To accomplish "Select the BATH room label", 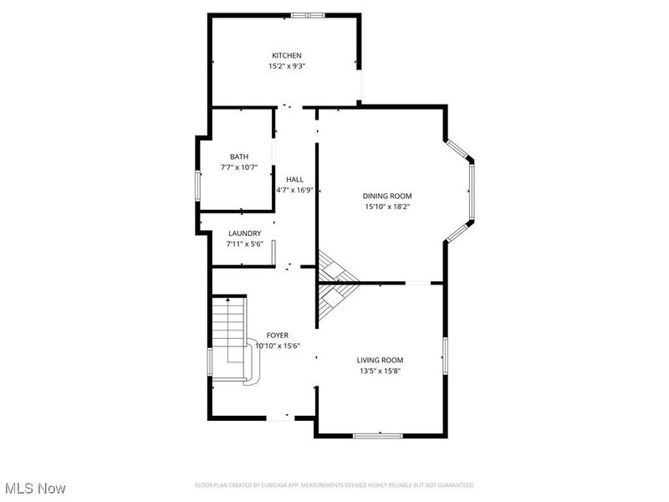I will point(239,156).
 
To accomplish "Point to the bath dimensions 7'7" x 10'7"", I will point(239,167).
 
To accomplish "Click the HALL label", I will point(294,179).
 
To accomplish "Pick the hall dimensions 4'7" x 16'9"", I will point(294,190).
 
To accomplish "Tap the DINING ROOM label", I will point(386,196).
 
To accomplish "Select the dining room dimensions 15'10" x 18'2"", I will point(386,207).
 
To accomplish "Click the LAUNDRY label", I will point(244,233).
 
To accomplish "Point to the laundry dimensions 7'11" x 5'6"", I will point(244,244).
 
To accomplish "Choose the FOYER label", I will point(278,335).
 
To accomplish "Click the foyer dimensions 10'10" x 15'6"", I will point(278,346).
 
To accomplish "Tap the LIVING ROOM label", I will point(380,360).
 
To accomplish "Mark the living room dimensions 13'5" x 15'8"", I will point(380,371).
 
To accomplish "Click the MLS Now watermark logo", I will point(35,487).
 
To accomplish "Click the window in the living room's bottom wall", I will point(379,435).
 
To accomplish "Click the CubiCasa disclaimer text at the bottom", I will point(334,485).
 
